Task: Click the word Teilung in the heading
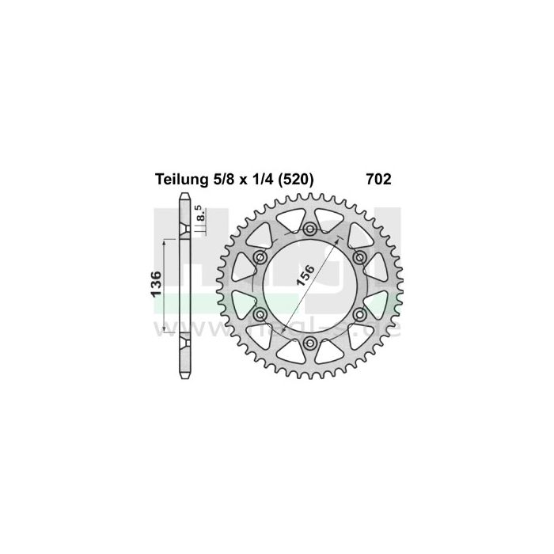(x=177, y=180)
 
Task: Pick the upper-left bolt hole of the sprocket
(x=260, y=258)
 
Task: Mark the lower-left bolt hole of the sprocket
(x=260, y=315)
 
